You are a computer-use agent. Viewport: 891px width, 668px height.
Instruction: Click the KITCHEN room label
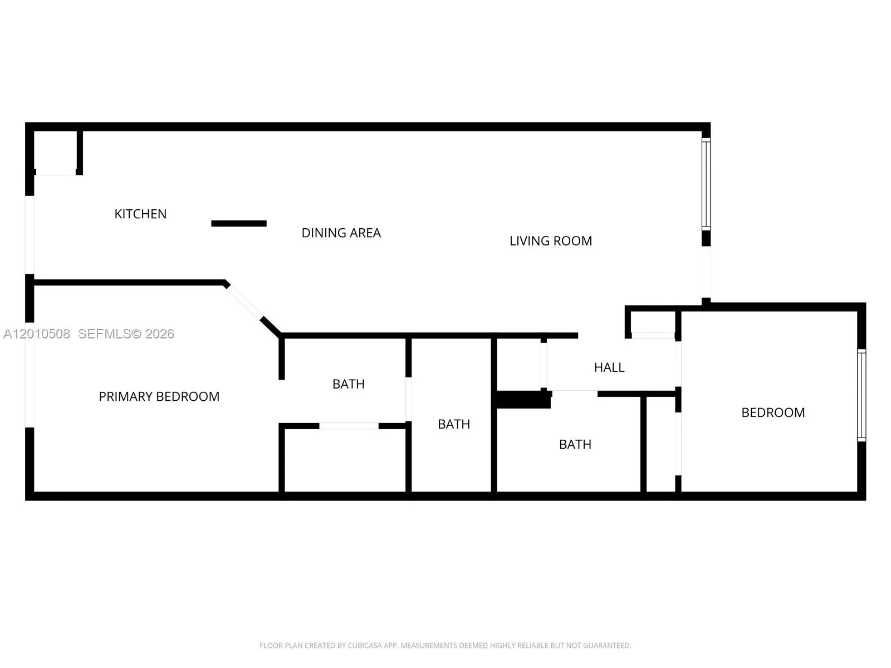(x=140, y=214)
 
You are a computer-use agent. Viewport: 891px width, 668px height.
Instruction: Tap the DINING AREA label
(x=341, y=233)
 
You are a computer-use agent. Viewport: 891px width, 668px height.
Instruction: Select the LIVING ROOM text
(x=550, y=241)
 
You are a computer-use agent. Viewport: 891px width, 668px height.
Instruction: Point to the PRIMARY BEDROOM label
(x=159, y=396)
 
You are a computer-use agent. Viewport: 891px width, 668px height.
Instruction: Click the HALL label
(x=609, y=367)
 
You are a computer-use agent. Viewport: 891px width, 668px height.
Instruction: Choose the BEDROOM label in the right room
(x=773, y=412)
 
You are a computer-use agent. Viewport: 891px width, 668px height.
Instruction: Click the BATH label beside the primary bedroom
(x=348, y=384)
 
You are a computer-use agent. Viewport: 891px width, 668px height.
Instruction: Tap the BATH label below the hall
(x=575, y=445)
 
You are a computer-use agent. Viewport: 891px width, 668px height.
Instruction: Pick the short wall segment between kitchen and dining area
(x=239, y=223)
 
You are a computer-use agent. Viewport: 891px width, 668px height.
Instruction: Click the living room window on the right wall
(x=706, y=184)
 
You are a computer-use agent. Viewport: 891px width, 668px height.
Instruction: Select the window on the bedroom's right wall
(x=861, y=395)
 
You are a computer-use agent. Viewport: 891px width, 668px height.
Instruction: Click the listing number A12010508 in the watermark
(x=37, y=334)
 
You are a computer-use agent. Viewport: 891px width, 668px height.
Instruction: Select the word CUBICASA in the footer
(x=363, y=645)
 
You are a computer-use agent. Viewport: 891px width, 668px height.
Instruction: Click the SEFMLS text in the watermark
(x=104, y=334)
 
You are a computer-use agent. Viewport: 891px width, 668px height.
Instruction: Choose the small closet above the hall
(x=653, y=322)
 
